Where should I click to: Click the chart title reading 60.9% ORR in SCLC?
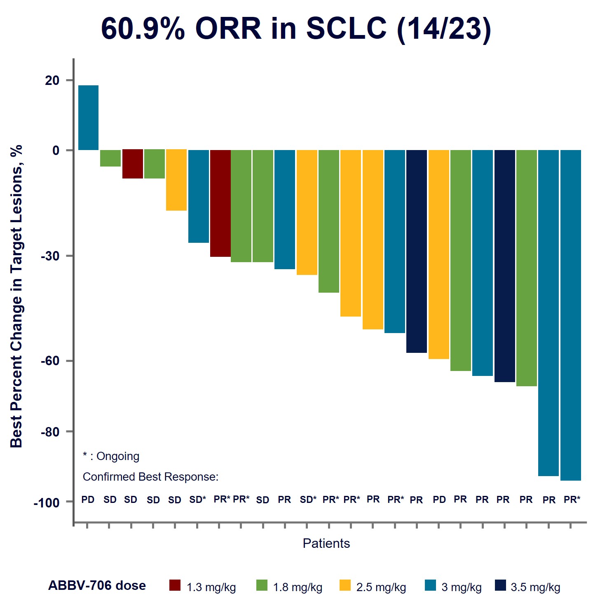click(x=296, y=29)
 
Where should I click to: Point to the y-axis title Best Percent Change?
click(x=16, y=296)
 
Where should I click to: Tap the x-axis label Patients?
click(x=326, y=543)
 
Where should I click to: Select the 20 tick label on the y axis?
click(x=52, y=80)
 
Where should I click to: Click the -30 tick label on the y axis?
click(x=50, y=256)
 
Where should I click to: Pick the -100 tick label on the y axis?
click(x=47, y=503)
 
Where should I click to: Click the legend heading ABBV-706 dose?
click(x=97, y=586)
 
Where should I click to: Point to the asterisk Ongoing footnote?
click(x=111, y=456)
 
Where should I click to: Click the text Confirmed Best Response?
click(x=150, y=477)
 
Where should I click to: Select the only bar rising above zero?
click(x=88, y=117)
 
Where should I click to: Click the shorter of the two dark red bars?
click(x=133, y=164)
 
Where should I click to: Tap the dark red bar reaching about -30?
click(x=220, y=203)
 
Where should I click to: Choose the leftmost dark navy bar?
click(x=416, y=251)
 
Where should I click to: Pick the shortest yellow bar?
click(x=176, y=180)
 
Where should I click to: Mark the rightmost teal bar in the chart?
click(x=570, y=315)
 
